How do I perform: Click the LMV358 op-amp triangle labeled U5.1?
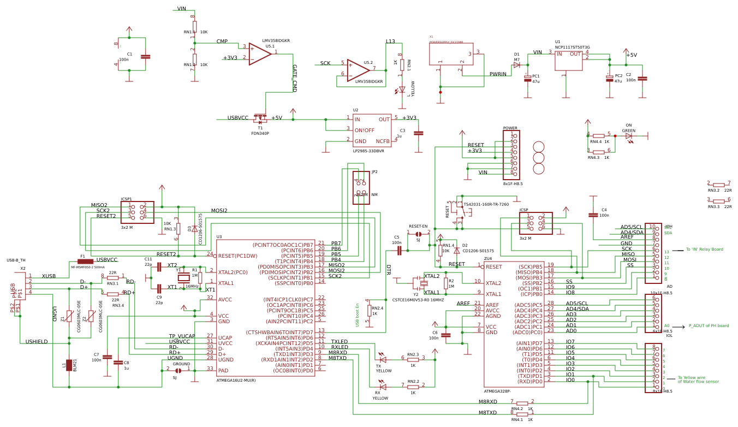pos(259,53)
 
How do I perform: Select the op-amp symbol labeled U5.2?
pos(357,70)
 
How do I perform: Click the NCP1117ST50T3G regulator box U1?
pos(568,60)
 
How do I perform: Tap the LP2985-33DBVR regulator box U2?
pos(372,131)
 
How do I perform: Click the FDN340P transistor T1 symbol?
pos(260,118)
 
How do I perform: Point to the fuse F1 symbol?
pos(85,262)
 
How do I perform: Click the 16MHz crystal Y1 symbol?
pos(186,277)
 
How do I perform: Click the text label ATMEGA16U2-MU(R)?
pos(236,380)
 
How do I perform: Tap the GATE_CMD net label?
pos(294,78)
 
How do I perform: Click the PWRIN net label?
pos(498,74)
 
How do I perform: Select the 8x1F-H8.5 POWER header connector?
pos(511,155)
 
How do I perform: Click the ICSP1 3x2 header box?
pos(138,212)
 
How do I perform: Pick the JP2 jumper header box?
pos(361,188)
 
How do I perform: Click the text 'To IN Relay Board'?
pos(704,250)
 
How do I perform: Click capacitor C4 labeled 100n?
pos(593,215)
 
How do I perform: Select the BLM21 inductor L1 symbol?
pos(69,365)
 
